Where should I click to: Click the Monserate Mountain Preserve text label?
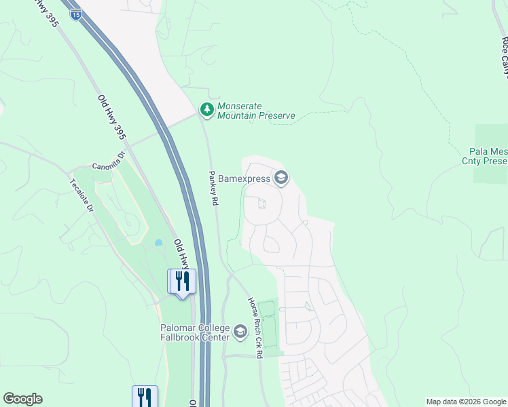coord(256,111)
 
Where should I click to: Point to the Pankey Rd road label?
coord(212,187)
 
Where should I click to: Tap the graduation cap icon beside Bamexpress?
coord(281,178)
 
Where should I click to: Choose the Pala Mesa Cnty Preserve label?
coord(488,157)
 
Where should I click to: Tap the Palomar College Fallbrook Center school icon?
coord(240,332)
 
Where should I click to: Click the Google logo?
coord(22,399)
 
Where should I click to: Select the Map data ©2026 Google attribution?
coord(466,402)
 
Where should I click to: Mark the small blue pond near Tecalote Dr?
coord(158,242)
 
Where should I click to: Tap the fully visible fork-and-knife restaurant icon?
coord(181,281)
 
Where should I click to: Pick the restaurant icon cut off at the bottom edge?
coord(145,397)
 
